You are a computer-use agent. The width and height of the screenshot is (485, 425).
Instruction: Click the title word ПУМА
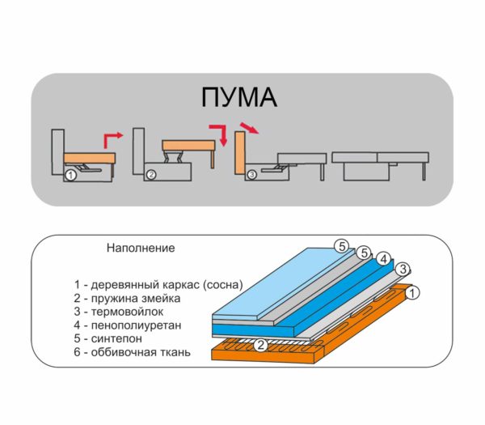(238, 97)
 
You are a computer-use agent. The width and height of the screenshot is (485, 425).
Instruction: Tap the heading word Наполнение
(141, 248)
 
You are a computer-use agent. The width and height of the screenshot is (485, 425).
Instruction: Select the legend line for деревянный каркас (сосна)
(158, 285)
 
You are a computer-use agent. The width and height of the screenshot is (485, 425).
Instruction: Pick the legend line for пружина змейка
(127, 298)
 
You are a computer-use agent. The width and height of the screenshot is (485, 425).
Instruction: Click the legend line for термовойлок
(119, 312)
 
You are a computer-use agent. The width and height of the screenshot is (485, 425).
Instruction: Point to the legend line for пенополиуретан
(128, 325)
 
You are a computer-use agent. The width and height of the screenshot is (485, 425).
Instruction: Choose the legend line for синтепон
(108, 338)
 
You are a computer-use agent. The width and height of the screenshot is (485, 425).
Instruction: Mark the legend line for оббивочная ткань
(132, 352)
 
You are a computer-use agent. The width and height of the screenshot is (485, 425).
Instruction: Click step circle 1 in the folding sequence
(70, 176)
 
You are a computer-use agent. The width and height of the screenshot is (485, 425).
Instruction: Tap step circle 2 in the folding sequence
(151, 175)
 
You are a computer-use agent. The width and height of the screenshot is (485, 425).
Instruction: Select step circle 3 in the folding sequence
(251, 175)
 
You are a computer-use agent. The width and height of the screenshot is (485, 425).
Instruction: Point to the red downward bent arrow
(219, 134)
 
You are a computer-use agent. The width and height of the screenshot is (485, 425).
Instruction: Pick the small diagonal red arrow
(249, 128)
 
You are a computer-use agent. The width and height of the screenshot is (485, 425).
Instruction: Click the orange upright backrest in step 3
(240, 153)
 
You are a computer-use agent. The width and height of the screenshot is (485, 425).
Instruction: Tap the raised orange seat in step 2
(188, 146)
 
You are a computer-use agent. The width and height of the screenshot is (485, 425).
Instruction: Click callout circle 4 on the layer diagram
(384, 259)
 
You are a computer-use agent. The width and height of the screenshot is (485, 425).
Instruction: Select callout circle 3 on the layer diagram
(403, 269)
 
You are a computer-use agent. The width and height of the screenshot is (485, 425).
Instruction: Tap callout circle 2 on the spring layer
(261, 345)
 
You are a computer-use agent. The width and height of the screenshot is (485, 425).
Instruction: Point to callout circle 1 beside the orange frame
(412, 293)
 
